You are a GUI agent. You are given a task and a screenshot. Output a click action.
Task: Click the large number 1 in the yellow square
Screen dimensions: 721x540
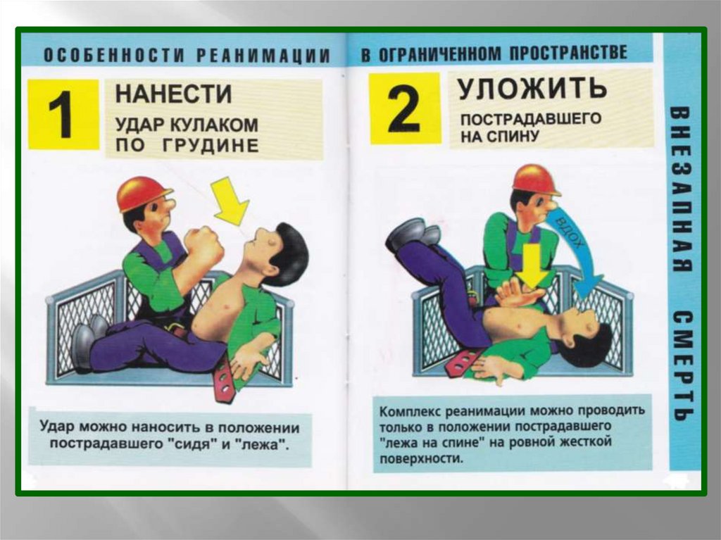point(61,115)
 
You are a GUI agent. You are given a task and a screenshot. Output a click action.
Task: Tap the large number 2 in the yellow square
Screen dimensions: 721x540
point(403,109)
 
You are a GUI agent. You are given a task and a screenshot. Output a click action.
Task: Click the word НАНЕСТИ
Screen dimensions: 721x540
point(174,94)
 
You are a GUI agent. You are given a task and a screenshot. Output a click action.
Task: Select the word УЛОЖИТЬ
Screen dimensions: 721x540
point(532,87)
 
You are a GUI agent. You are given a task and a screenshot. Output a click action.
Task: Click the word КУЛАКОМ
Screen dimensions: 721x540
point(214,125)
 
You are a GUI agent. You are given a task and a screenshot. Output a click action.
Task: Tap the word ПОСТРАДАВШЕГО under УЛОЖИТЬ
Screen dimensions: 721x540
point(531,119)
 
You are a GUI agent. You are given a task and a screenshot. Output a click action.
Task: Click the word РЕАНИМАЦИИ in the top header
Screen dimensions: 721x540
point(263,56)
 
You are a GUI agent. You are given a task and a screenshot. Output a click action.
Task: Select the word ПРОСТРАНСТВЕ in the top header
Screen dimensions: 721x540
point(568,52)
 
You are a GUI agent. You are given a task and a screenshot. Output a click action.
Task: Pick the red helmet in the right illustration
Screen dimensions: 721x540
point(534,180)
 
